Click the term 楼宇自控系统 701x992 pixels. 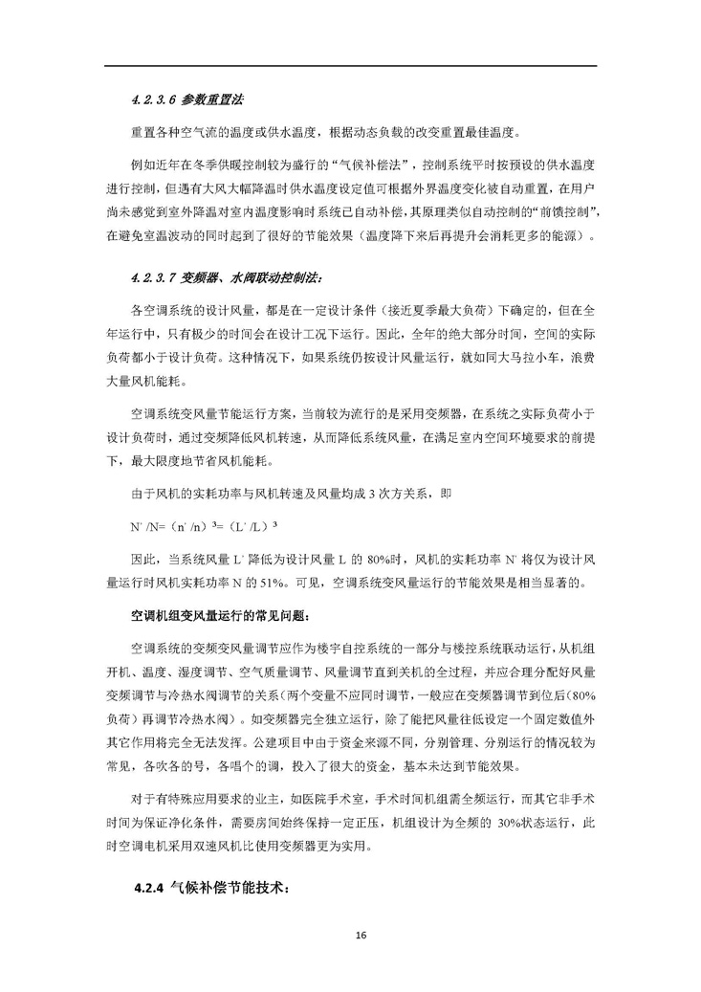point(371,648)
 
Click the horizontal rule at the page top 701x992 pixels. point(350,65)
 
